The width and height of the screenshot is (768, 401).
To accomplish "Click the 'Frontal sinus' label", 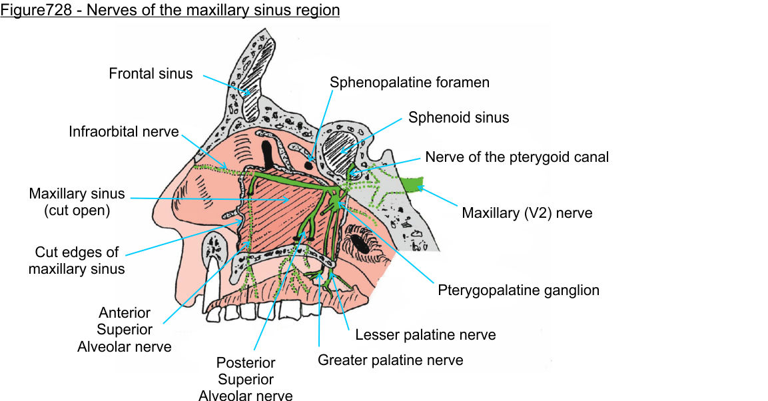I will click(x=151, y=73).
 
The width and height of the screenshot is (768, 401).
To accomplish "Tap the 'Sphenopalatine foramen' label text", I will click(x=410, y=83).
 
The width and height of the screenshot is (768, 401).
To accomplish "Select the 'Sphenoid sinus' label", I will click(x=458, y=118).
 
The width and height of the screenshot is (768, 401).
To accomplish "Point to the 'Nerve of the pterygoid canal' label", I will click(x=517, y=158).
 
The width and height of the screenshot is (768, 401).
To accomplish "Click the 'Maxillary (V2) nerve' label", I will click(x=527, y=213).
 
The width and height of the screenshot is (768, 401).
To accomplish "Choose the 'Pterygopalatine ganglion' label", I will click(x=518, y=290).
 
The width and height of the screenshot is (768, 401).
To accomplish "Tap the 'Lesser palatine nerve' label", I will click(x=426, y=334).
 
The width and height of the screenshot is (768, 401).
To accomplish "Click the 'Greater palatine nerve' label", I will click(x=390, y=360).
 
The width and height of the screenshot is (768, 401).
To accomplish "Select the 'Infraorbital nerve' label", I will click(x=124, y=131).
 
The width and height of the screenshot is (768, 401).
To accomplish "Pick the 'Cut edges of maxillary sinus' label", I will click(x=77, y=260).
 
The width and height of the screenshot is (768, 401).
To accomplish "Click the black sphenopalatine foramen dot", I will click(x=309, y=163).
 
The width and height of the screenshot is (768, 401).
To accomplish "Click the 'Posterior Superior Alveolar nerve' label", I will click(x=245, y=380).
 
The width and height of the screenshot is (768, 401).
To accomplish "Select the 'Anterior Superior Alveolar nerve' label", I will click(x=124, y=330).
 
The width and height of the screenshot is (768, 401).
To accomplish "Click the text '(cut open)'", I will click(x=77, y=211).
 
